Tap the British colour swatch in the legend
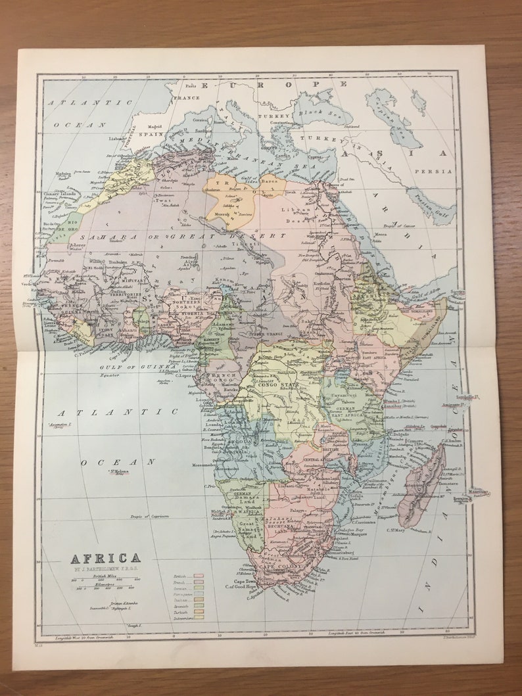[x=197, y=576]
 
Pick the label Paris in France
[x=191, y=86]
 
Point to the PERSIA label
[x=435, y=171]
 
